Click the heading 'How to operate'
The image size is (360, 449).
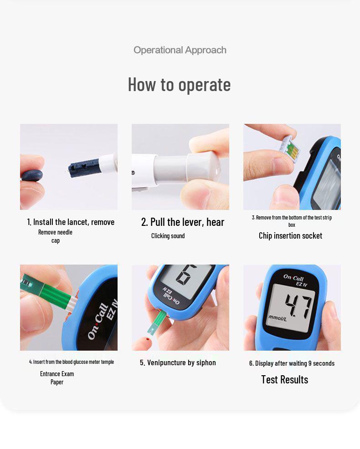(179, 85)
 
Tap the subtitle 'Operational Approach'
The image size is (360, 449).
(180, 50)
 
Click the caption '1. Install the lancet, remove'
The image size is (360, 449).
(71, 222)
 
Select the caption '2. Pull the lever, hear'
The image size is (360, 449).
(183, 222)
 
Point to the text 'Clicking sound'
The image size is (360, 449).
(168, 236)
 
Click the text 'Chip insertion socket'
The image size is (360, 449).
(290, 236)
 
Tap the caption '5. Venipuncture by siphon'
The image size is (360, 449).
(178, 363)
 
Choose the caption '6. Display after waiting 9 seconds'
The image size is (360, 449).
(292, 363)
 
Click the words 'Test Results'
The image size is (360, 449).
(284, 380)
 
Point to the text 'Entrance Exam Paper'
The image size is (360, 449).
(57, 378)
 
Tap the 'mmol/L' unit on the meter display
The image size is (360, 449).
(278, 318)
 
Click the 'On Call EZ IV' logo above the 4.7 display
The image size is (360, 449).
(295, 279)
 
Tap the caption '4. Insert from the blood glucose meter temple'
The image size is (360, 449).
(72, 362)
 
